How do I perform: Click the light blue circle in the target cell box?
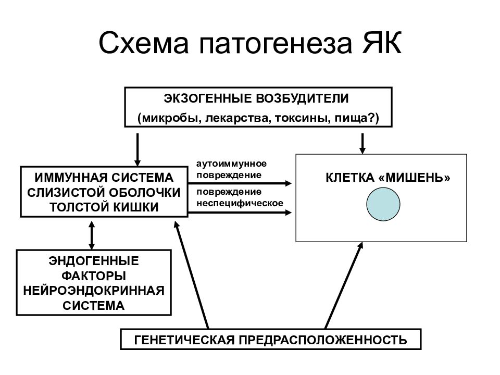[383, 204]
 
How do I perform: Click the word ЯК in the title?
[381, 43]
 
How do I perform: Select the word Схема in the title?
[144, 43]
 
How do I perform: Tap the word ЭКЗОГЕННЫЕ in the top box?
[208, 98]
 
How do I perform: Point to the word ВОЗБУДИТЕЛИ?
[302, 98]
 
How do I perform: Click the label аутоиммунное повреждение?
[231, 169]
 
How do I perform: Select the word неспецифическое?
[240, 203]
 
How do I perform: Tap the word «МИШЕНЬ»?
[414, 178]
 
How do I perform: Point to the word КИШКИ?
[140, 207]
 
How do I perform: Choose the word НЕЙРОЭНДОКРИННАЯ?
[94, 291]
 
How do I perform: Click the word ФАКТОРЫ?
[94, 276]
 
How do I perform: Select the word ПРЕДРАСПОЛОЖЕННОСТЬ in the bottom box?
[323, 340]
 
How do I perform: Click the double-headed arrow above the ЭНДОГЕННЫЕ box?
[92, 235]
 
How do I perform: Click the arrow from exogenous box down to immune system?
[137, 150]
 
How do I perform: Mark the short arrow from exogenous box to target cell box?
[362, 144]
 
